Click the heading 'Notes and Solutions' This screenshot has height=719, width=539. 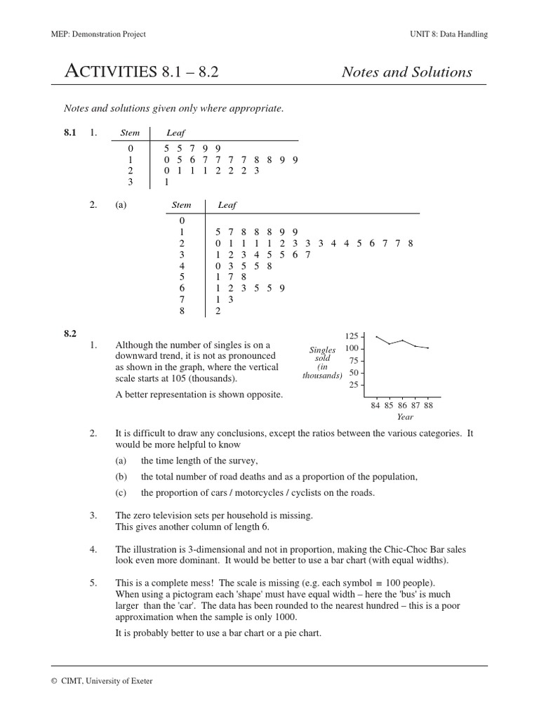pos(406,72)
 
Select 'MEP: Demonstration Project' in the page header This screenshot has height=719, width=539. pos(99,34)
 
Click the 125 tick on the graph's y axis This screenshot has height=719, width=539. pos(351,336)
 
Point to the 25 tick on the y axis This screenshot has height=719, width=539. pos(353,385)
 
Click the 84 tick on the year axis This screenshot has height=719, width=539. pos(375,405)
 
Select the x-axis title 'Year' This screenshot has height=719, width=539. pos(405,417)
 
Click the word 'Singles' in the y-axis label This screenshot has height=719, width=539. pos(322,350)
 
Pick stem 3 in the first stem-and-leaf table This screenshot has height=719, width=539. pos(130,181)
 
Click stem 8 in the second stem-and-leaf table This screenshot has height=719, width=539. pos(182,311)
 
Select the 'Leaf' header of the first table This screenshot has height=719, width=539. pos(175,133)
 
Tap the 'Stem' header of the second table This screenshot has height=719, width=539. pos(182,205)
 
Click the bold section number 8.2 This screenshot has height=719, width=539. pos(69,334)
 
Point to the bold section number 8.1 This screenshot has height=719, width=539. pos(69,132)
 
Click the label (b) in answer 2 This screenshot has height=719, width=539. pos(121,477)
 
